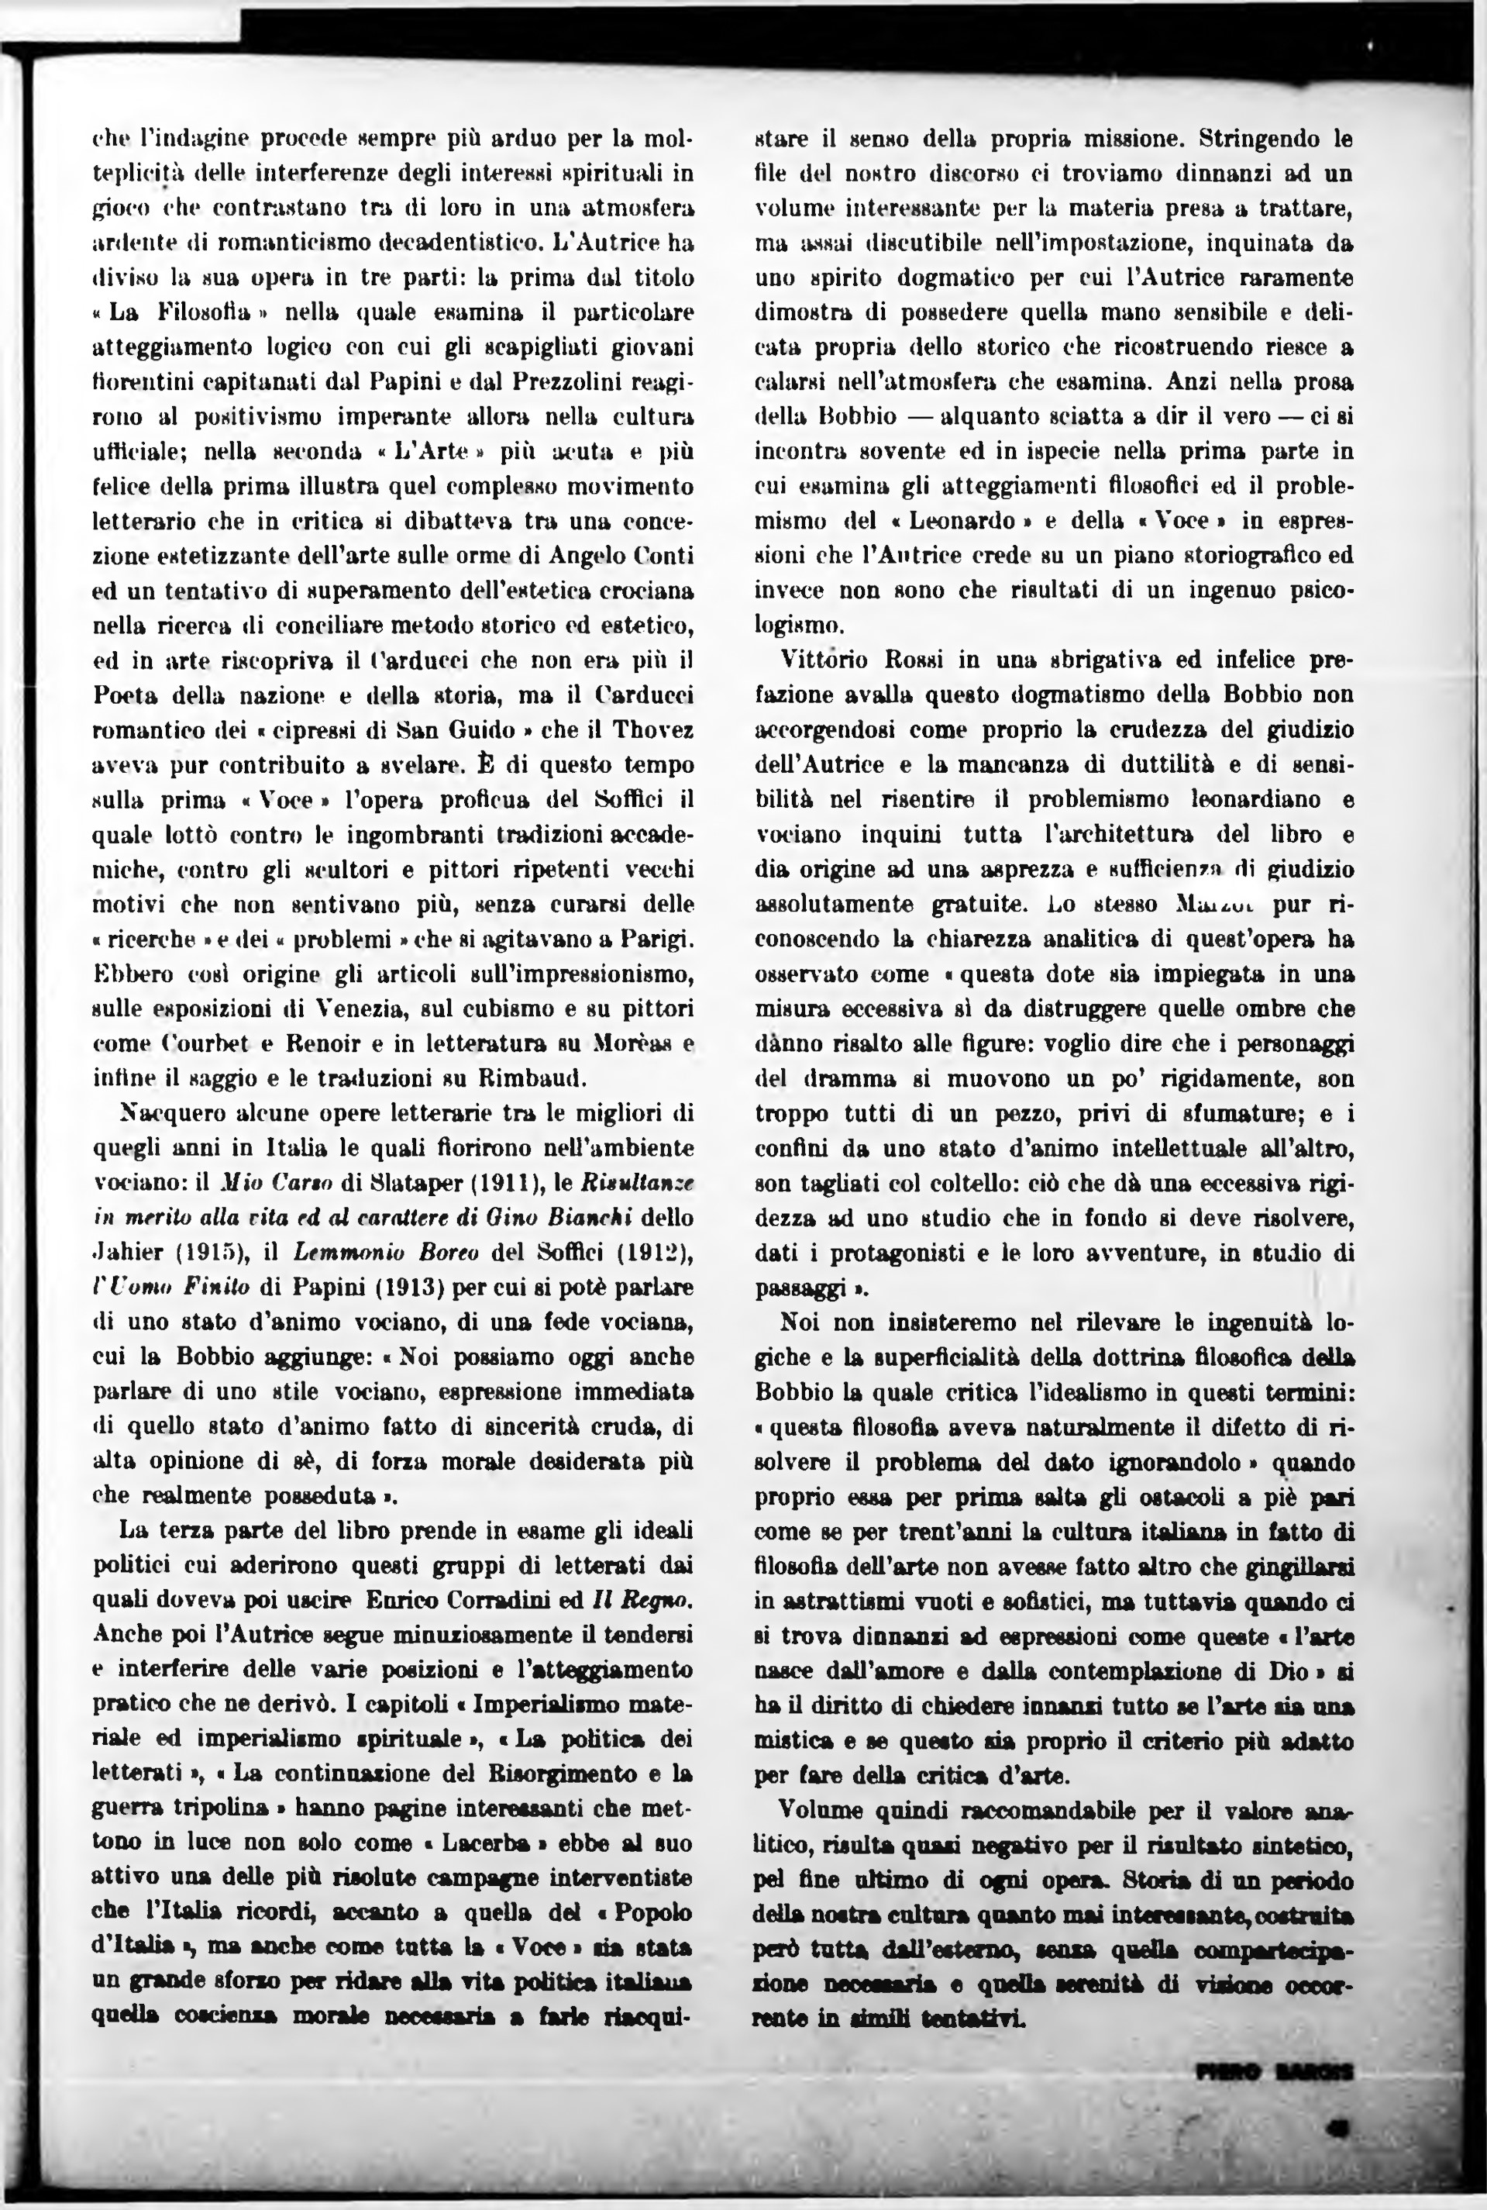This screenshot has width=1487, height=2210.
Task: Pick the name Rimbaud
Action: pos(539,1078)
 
